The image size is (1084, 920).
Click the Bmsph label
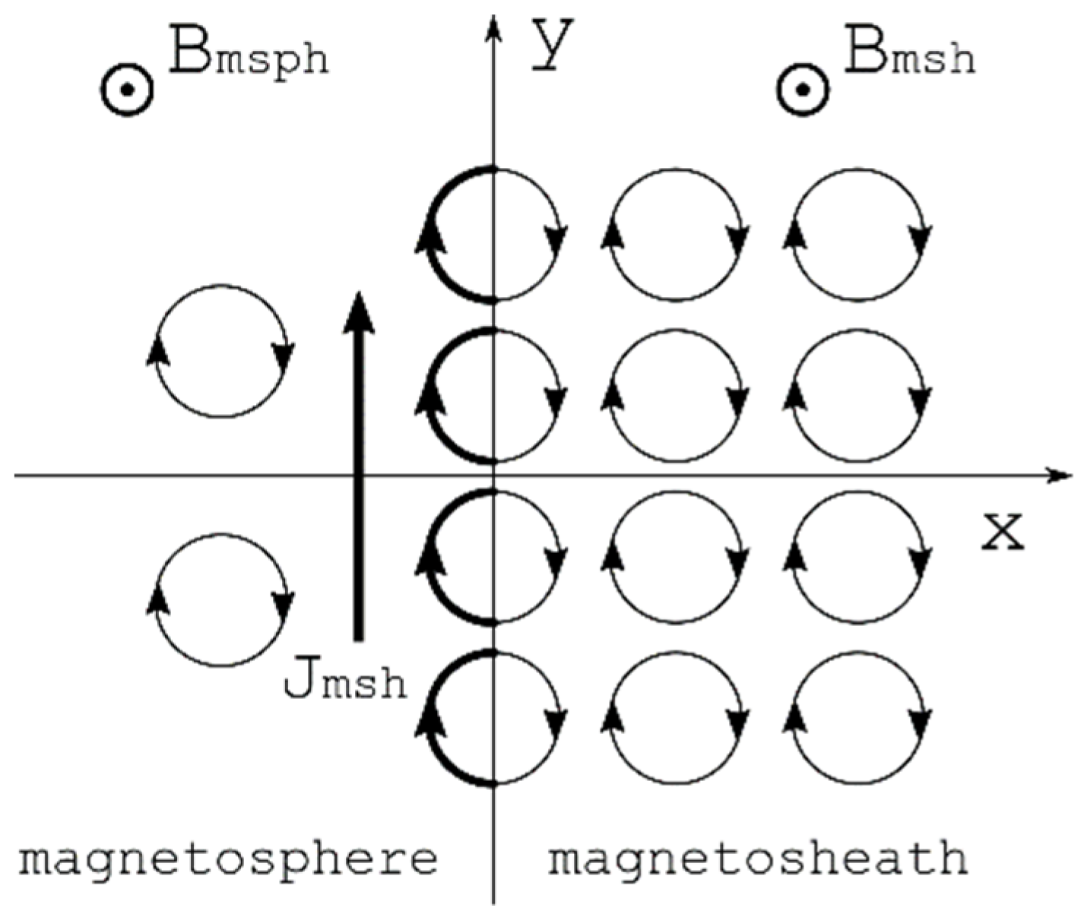[249, 53]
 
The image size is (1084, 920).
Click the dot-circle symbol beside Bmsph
[128, 90]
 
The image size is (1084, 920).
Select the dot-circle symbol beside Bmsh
[802, 90]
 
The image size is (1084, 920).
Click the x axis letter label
[1002, 532]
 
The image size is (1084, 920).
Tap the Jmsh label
[344, 681]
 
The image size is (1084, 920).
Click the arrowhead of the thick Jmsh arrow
[358, 311]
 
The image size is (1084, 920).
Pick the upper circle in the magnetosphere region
[220, 351]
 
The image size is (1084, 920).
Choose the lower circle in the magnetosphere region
[220, 600]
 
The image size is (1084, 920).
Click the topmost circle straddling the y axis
[494, 234]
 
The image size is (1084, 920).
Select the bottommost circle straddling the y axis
[494, 718]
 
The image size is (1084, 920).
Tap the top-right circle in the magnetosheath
[859, 234]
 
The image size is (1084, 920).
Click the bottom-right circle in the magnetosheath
[859, 718]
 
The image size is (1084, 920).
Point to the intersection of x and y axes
[494, 476]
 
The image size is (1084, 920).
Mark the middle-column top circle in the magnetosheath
[677, 234]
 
